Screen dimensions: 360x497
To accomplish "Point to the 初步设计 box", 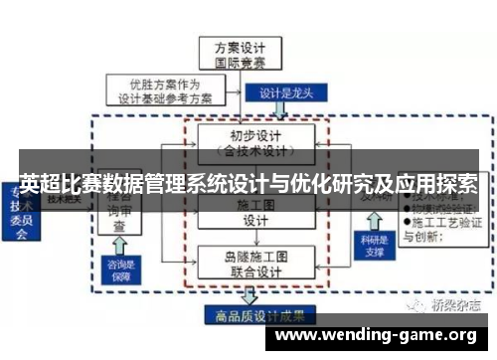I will (x=256, y=141).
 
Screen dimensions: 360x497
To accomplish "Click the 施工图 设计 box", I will (x=255, y=212).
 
